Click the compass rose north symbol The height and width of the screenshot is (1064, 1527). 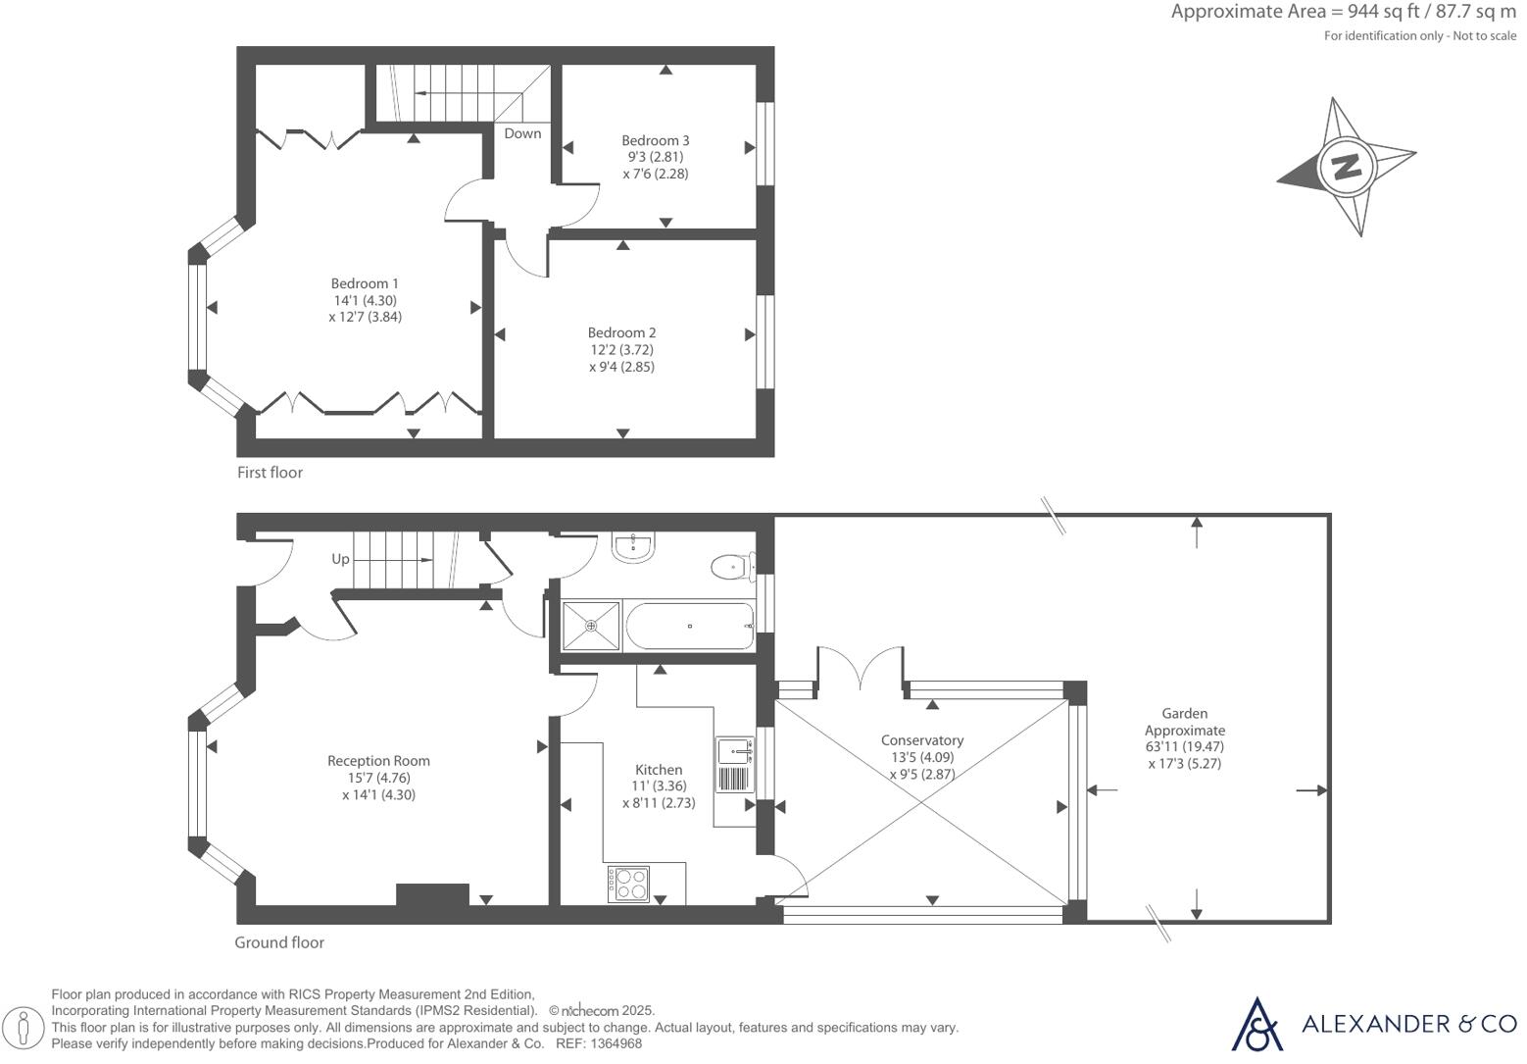click(1346, 166)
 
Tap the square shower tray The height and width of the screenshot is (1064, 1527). click(591, 626)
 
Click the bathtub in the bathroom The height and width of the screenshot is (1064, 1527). click(689, 626)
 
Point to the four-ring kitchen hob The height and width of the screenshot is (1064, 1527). click(628, 884)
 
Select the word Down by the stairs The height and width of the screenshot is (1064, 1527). click(522, 133)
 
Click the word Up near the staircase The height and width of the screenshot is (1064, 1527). click(340, 559)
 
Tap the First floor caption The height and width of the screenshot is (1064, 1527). click(270, 473)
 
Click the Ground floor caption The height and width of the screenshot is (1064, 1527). click(278, 942)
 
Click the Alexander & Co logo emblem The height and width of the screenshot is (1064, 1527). click(1256, 1024)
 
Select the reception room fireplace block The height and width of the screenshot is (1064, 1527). click(432, 894)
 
